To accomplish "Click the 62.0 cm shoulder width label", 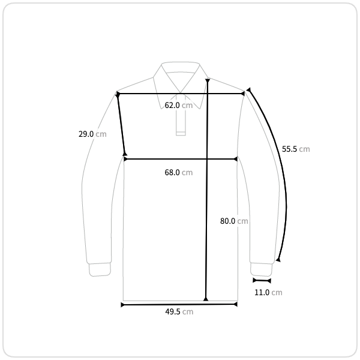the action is click(x=179, y=106).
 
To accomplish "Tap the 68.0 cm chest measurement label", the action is click(x=179, y=172).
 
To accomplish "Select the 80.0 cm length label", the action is click(x=234, y=221).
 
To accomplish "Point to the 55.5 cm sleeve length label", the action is click(x=296, y=149).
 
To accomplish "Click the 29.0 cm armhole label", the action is click(x=92, y=134).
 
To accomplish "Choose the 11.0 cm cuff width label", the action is click(x=268, y=293).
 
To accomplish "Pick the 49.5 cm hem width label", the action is click(x=179, y=312).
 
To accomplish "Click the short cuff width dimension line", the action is click(x=262, y=280).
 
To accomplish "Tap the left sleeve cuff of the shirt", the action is click(x=100, y=269).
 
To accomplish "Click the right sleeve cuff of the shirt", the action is click(x=261, y=269).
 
